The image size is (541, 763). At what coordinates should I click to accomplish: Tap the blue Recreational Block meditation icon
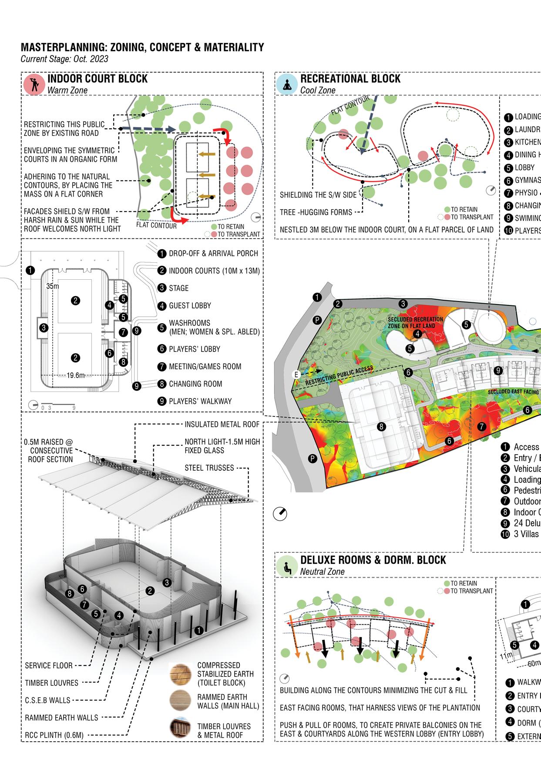click(286, 84)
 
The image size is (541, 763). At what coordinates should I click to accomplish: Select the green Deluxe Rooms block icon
click(286, 566)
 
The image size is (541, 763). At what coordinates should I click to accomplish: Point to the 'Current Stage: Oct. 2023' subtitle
click(64, 59)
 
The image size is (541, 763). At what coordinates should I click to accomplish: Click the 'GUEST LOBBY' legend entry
click(190, 306)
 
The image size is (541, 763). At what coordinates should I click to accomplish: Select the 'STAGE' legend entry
click(178, 288)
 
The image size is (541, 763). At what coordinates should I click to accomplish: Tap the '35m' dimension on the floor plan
click(53, 286)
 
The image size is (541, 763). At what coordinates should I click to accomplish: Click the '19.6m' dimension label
click(75, 375)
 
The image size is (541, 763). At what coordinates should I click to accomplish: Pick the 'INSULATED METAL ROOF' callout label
click(222, 424)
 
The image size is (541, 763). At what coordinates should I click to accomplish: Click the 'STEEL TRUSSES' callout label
click(209, 468)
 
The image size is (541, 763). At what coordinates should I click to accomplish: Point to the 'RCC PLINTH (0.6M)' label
click(54, 735)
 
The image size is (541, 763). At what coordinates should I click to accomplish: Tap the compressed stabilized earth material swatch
click(180, 674)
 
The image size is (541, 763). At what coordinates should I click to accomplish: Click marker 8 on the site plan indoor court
click(381, 427)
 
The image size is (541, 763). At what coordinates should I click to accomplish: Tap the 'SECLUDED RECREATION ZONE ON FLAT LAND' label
click(415, 322)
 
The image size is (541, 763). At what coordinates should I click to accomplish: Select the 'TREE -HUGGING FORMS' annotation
click(316, 212)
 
